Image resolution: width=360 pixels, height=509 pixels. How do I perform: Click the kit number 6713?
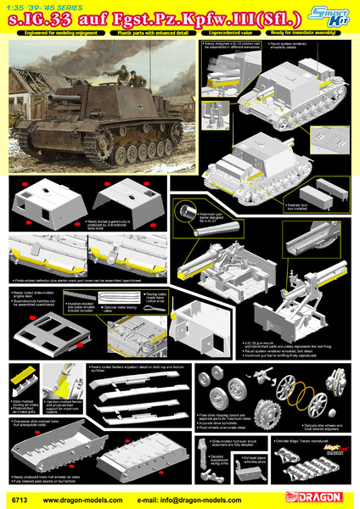click(x=14, y=499)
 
